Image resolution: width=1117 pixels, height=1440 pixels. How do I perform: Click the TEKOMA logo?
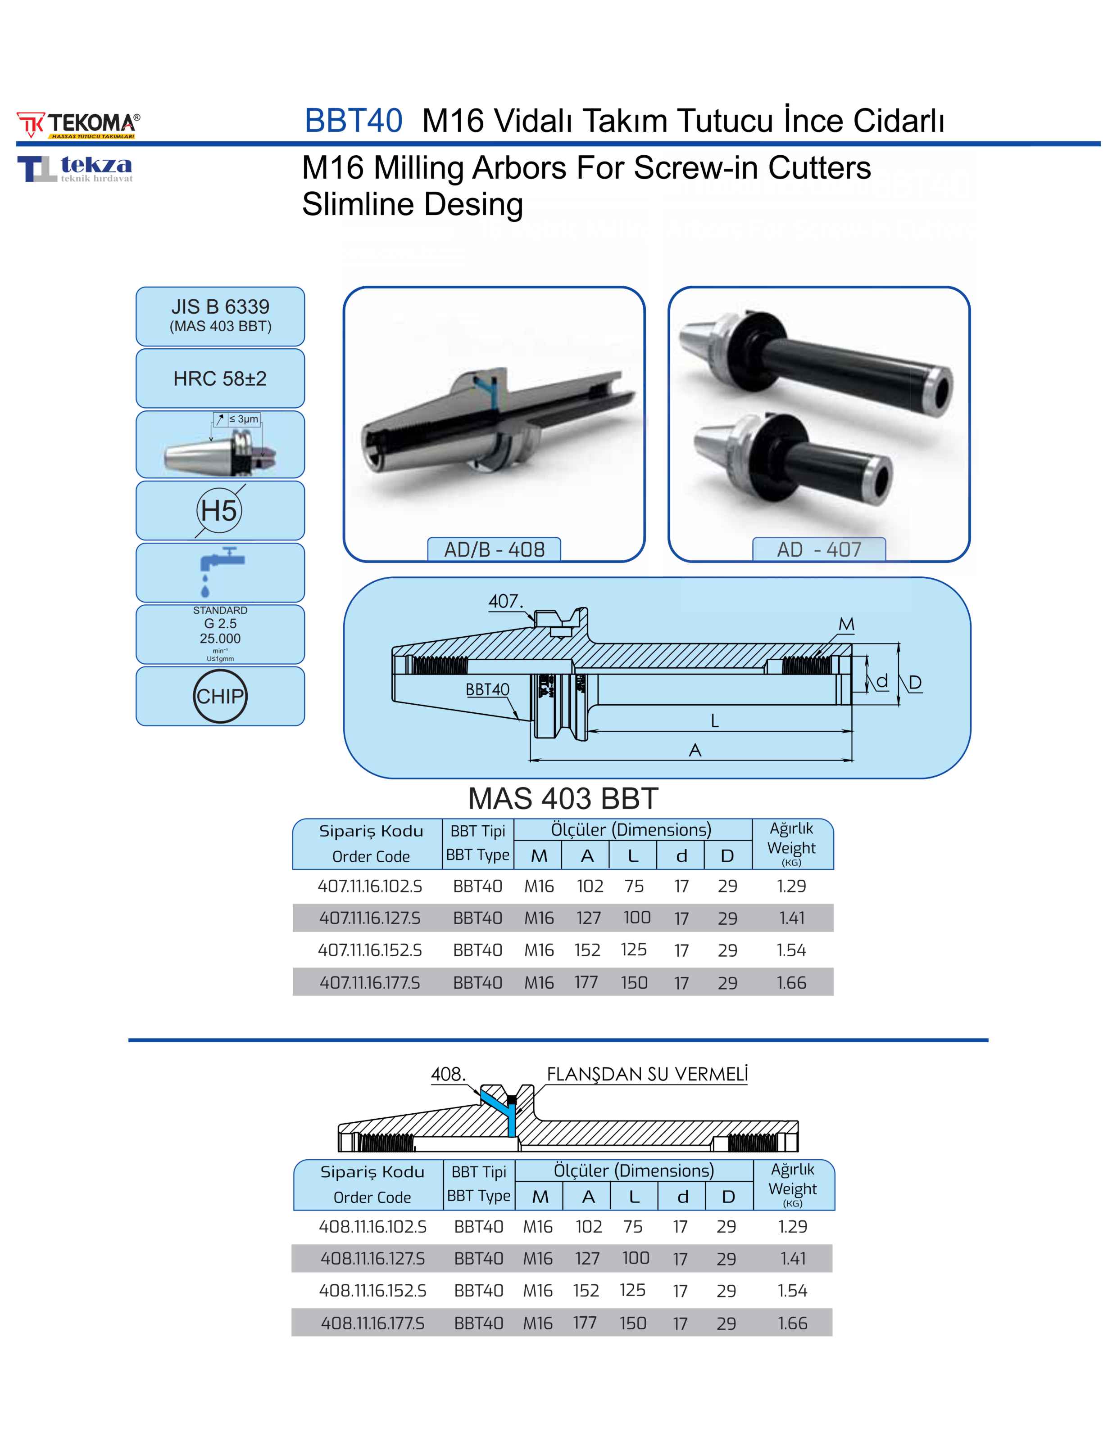tap(78, 125)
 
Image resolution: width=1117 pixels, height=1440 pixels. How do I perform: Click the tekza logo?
tap(75, 168)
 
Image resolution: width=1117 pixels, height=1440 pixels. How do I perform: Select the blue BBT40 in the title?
tap(353, 121)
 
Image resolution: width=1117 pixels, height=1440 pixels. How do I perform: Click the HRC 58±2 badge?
tap(220, 378)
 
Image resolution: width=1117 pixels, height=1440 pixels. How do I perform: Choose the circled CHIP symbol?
tap(220, 696)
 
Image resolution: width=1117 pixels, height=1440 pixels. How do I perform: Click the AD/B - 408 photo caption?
tap(494, 549)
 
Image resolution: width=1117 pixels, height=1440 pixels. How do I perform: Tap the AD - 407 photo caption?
tap(819, 549)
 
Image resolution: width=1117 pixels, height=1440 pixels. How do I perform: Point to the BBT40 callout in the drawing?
tap(488, 690)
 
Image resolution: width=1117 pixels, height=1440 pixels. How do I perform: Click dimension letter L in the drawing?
tap(714, 720)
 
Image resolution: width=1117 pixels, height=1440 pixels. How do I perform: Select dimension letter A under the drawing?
tap(695, 750)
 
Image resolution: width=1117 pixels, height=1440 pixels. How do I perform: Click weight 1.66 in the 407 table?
tap(791, 982)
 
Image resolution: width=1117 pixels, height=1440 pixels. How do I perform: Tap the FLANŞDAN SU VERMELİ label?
tap(647, 1074)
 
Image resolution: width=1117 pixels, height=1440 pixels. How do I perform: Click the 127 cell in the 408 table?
tap(587, 1259)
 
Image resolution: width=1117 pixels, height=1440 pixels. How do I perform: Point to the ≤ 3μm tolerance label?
tap(244, 418)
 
